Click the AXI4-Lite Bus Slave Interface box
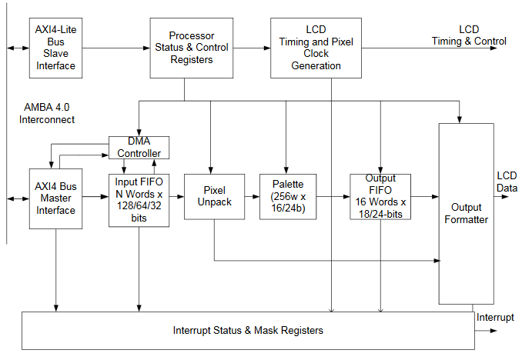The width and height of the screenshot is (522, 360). [55, 48]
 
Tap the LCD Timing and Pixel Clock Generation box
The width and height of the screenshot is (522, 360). [316, 48]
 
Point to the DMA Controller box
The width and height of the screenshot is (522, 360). [139, 147]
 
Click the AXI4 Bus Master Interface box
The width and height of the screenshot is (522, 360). [55, 197]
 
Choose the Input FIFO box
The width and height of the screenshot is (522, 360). [139, 198]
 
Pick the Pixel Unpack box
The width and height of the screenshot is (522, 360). [213, 196]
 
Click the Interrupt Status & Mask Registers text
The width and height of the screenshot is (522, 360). [248, 331]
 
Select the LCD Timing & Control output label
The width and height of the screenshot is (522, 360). [469, 35]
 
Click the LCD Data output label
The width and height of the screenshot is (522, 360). [507, 182]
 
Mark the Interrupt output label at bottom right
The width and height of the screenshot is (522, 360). [495, 317]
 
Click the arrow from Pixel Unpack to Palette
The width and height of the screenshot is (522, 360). [252, 196]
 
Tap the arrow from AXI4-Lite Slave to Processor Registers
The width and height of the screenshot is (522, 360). [115, 48]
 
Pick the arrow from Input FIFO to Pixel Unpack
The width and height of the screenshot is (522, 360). [176, 196]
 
